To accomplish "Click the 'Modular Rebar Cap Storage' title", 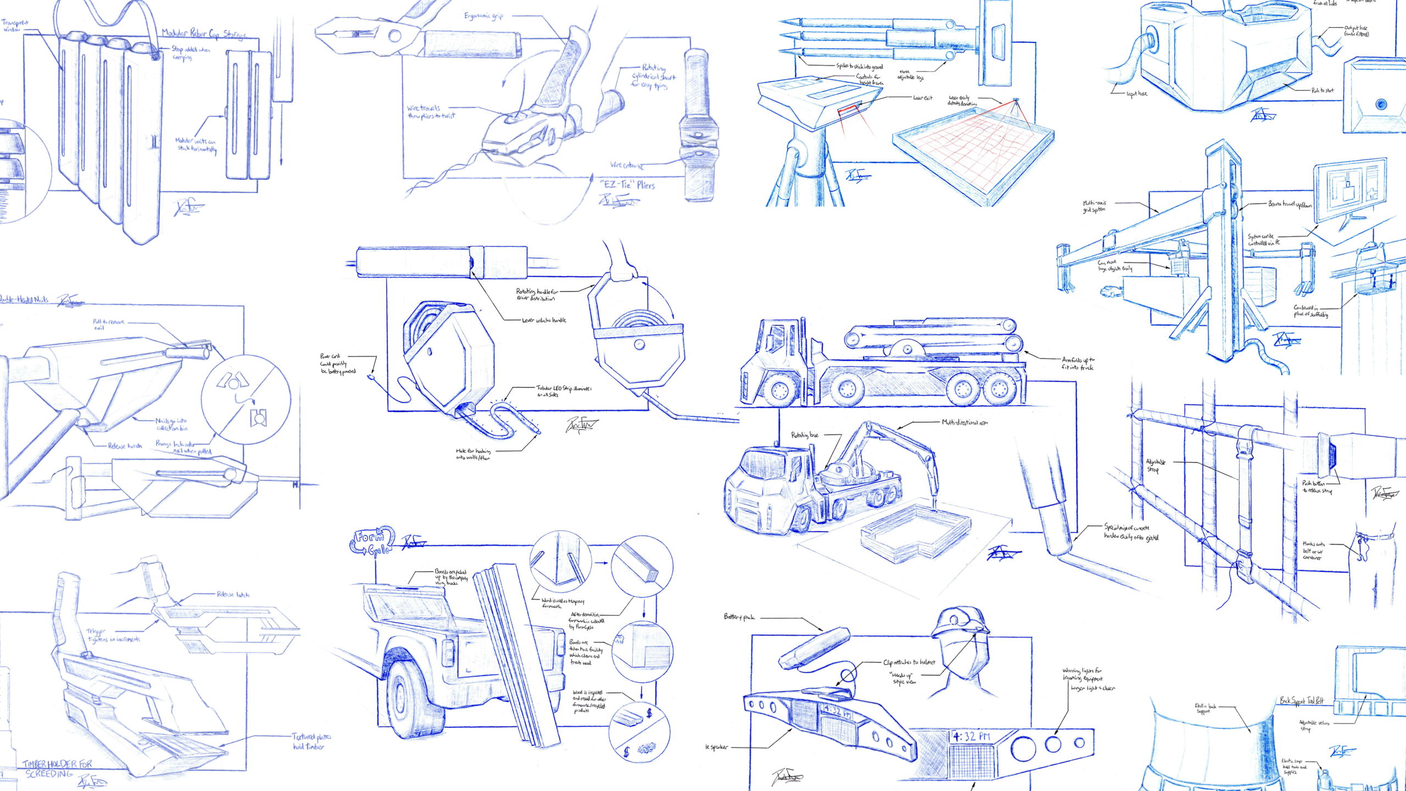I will [x=204, y=34].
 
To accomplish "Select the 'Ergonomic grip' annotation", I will [x=483, y=16].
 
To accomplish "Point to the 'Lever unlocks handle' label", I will [x=544, y=320].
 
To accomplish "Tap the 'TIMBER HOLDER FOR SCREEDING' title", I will [x=58, y=768].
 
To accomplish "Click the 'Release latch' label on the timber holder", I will [x=233, y=594].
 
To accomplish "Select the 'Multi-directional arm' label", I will [x=964, y=422].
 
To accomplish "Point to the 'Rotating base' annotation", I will [x=805, y=435].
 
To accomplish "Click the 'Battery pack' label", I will [x=739, y=617].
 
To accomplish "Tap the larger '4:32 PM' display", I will [x=972, y=736].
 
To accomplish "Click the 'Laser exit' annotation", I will [x=923, y=98].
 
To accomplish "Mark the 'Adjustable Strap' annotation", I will [x=1156, y=465].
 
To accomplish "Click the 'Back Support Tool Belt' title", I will [x=1302, y=701].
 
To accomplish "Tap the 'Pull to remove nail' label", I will [x=108, y=324].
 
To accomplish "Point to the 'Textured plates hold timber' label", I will [x=311, y=741].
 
